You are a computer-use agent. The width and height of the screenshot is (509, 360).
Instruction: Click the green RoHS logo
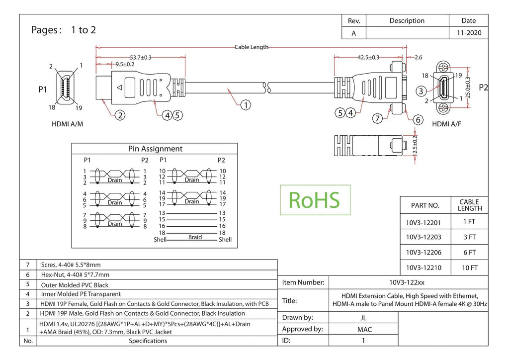tap(315, 200)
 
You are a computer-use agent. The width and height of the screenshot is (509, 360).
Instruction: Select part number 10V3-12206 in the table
tap(424, 252)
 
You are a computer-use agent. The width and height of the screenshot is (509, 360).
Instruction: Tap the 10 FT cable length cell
tap(470, 268)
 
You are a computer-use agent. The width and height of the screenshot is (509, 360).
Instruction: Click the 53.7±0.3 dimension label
tap(141, 58)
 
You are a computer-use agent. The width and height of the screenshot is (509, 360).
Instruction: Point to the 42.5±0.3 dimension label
tap(368, 58)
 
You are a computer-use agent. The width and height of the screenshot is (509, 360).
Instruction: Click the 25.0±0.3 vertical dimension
tap(468, 88)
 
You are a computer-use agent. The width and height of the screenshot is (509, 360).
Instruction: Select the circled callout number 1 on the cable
tap(246, 105)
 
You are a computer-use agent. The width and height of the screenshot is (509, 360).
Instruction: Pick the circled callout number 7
tap(377, 118)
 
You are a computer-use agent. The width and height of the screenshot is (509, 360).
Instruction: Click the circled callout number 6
tap(418, 120)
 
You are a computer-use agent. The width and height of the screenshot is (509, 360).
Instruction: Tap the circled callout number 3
tap(421, 91)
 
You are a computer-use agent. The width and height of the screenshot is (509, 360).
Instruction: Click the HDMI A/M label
tap(68, 124)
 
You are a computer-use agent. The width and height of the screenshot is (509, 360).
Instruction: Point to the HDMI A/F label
tap(447, 124)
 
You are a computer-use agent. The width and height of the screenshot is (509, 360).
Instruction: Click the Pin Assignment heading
tap(155, 149)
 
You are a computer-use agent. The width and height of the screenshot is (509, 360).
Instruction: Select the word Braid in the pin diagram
tap(195, 237)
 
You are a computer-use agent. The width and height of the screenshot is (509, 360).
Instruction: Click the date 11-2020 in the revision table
tap(469, 33)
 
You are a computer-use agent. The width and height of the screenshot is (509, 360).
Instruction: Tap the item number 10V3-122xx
tap(407, 282)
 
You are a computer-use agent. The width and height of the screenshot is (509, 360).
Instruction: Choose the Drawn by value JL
tap(363, 318)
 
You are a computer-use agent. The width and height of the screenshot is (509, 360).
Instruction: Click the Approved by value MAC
tap(364, 330)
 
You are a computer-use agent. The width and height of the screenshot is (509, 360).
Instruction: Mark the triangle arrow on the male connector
tap(119, 88)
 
